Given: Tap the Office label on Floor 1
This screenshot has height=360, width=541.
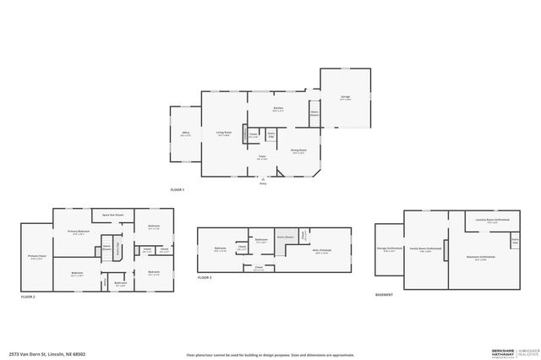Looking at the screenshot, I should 185,133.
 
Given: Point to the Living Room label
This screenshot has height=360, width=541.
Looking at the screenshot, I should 223,133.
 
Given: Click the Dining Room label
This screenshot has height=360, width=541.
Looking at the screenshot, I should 298,151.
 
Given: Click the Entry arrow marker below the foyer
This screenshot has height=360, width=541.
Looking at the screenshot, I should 263,179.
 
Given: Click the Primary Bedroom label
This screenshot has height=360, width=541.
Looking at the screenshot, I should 79,232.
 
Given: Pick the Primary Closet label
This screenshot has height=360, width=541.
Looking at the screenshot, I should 36,257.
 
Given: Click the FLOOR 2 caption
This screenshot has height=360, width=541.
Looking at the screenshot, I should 29,297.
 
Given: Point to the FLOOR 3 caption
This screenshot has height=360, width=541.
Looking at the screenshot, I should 205,277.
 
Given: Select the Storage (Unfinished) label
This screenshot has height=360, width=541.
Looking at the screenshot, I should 388,248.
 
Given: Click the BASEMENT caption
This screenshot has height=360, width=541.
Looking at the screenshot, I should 384,295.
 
